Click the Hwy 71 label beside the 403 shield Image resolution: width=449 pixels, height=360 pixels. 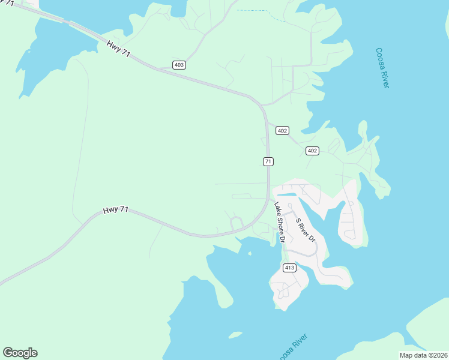[119, 49]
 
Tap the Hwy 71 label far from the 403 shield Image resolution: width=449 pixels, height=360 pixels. [115, 210]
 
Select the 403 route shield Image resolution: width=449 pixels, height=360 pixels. [178, 65]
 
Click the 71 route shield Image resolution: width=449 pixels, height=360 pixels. [268, 161]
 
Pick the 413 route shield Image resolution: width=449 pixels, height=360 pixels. [290, 268]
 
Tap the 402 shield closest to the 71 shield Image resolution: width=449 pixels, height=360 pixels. [283, 130]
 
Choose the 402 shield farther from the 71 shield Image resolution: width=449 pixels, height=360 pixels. [312, 151]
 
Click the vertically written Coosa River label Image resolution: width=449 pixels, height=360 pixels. [382, 68]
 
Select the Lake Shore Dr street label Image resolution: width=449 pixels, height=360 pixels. [279, 222]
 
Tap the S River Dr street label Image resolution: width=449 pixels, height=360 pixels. [306, 229]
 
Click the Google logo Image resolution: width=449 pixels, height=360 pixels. [20, 353]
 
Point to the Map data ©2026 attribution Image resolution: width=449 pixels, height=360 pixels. [423, 355]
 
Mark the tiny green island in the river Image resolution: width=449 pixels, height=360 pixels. [235, 335]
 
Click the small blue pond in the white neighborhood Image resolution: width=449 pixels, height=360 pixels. [286, 196]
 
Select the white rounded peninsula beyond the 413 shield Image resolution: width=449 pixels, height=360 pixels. [288, 286]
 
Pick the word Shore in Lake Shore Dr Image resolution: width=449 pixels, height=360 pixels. [279, 221]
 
